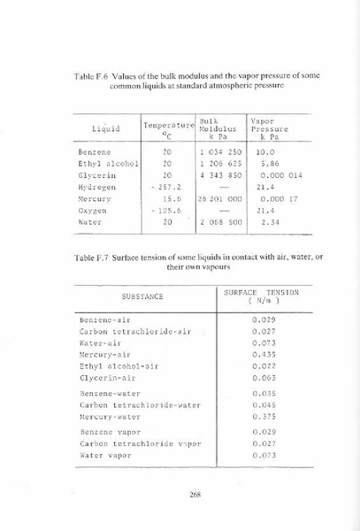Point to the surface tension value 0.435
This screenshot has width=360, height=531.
263,352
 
